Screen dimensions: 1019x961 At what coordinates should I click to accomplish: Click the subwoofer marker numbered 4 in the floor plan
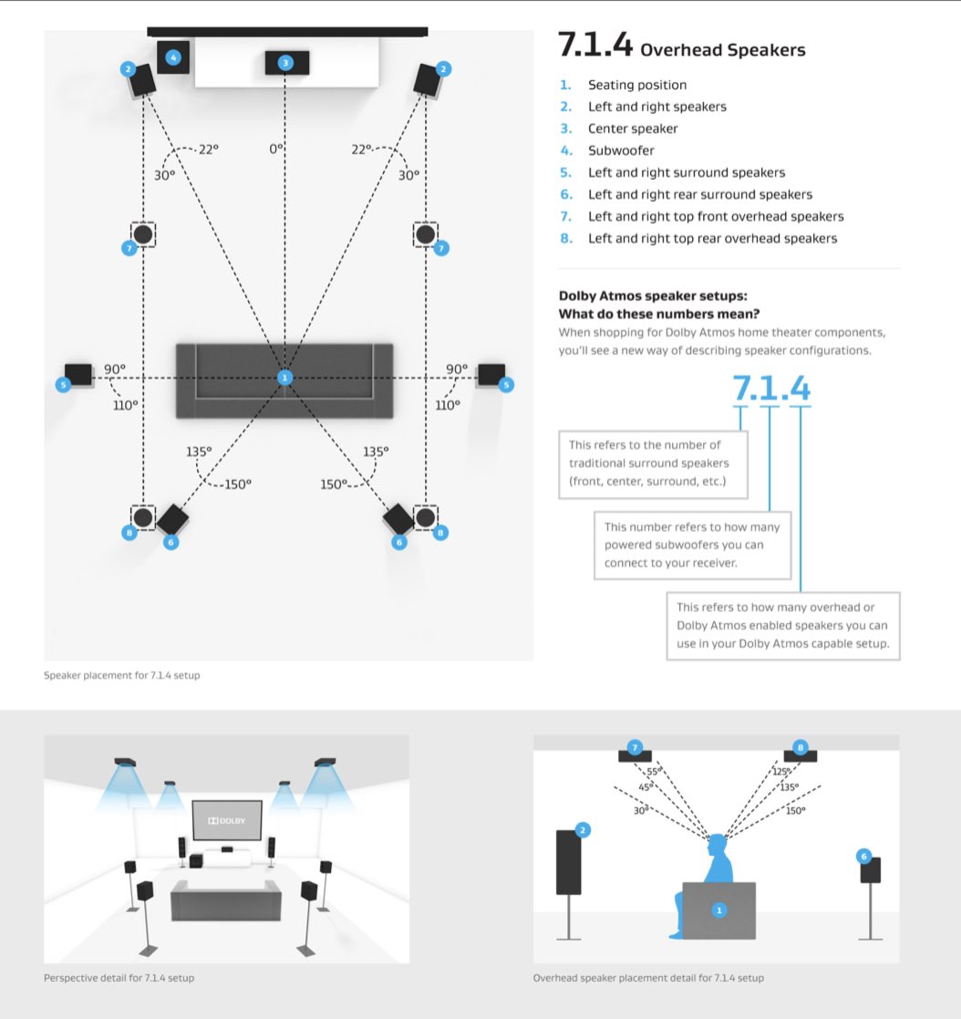173,57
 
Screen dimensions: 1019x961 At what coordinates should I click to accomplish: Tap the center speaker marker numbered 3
285,62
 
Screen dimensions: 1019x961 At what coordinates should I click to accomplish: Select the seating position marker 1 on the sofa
284,378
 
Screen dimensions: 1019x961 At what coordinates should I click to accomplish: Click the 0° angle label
276,147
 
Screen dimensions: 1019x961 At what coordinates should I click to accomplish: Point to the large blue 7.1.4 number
770,388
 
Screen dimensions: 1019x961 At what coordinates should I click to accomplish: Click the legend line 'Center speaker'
633,129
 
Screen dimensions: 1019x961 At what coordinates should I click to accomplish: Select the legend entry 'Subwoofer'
621,151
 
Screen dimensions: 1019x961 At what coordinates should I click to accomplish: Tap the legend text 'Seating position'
636,85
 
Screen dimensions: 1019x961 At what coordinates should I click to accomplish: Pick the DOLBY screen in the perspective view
227,820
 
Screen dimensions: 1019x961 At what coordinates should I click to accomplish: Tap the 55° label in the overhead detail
654,772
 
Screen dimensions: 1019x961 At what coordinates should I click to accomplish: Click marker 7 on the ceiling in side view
635,747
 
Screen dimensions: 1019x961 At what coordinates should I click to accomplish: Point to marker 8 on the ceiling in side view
801,747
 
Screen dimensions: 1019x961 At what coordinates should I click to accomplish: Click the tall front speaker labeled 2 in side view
569,862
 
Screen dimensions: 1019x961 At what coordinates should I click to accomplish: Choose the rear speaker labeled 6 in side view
870,868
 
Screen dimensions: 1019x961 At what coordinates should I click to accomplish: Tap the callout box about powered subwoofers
692,545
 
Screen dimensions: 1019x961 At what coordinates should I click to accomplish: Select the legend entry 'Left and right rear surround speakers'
699,194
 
